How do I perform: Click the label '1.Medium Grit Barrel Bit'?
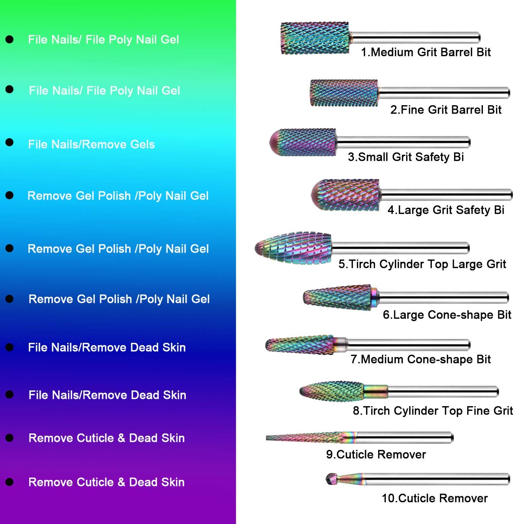coord(426,52)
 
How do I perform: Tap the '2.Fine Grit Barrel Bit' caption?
coord(446,110)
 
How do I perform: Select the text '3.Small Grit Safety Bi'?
coord(406,157)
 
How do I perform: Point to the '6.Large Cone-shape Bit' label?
coord(447,315)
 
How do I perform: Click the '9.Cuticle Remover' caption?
coord(376,455)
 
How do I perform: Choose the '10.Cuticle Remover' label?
coord(435,498)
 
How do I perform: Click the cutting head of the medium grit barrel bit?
coord(315,38)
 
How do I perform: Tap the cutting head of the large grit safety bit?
coord(345,195)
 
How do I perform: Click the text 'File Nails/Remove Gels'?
coord(91,144)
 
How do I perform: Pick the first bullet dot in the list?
coord(10,39)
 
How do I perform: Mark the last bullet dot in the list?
coord(10,482)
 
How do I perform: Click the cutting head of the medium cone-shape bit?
coord(299,345)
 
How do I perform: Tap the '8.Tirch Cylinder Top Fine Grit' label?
coord(433,411)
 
